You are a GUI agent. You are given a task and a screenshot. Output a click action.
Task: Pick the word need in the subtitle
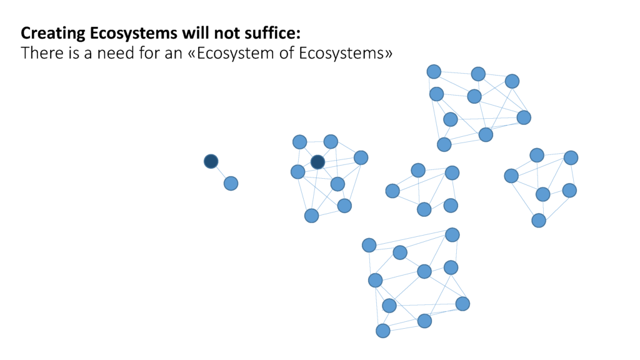coord(116,53)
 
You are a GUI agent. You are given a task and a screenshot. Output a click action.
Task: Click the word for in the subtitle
coord(149,53)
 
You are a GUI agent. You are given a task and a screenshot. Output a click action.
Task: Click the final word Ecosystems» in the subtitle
coord(345,54)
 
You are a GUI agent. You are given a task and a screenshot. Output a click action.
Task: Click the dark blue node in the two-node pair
coord(211,161)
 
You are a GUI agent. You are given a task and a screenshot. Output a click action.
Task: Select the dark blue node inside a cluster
coord(317,162)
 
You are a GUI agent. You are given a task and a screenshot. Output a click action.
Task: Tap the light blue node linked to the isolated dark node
coord(231,183)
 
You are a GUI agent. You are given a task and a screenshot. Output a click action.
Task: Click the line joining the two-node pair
coord(221,172)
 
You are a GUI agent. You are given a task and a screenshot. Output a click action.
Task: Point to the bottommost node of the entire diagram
coord(383,331)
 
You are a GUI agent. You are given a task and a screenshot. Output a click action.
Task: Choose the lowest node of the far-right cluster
coord(539,221)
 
